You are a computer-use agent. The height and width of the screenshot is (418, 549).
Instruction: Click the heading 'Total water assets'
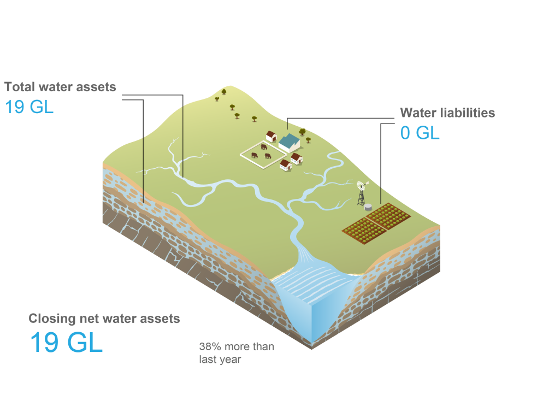tap(60, 87)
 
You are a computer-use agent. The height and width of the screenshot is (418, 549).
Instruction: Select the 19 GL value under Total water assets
tap(29, 107)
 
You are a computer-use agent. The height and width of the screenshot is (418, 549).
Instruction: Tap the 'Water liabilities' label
tap(447, 113)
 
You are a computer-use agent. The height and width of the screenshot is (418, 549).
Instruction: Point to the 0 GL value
tap(420, 133)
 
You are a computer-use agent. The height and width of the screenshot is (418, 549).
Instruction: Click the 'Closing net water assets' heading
tap(104, 319)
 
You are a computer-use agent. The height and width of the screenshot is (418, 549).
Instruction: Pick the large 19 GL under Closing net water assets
tap(66, 343)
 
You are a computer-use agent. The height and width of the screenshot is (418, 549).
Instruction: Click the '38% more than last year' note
tap(236, 353)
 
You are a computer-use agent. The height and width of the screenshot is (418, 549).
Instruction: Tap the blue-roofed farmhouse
tap(289, 143)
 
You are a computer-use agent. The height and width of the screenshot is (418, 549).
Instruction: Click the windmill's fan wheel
tap(361, 186)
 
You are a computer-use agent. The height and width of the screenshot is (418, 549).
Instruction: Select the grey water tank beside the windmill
tap(369, 207)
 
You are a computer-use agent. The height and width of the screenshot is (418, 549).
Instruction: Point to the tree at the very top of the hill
tap(223, 92)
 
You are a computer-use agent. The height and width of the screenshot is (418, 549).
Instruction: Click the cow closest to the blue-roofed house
tap(264, 146)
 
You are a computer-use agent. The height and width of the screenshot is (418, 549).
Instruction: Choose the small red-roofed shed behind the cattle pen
tap(271, 136)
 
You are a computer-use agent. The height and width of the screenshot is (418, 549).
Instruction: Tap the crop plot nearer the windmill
tap(388, 214)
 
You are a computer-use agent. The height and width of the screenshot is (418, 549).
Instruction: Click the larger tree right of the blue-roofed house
tap(302, 132)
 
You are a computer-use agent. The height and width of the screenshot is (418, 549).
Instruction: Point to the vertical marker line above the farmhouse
tap(287, 126)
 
